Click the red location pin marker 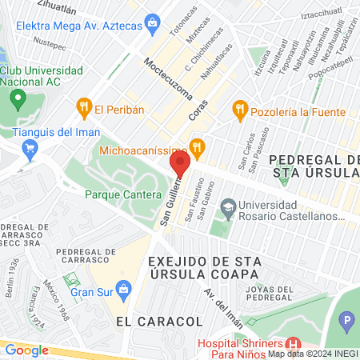[180, 164]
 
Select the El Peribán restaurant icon [83, 107]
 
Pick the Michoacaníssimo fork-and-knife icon [198, 146]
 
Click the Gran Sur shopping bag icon [123, 287]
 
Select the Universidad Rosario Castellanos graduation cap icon [228, 206]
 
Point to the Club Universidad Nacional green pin [18, 100]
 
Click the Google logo [26, 349]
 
